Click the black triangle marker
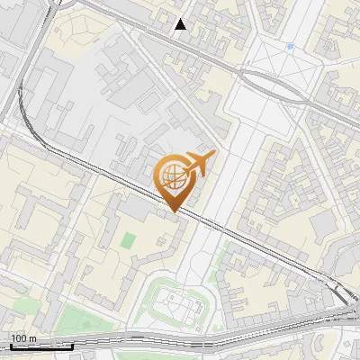182,24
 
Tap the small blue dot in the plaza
290,46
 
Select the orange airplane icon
198,164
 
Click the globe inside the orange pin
173,178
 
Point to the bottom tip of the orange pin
173,211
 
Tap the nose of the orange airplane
212,155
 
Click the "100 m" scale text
23,338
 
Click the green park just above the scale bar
77,319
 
